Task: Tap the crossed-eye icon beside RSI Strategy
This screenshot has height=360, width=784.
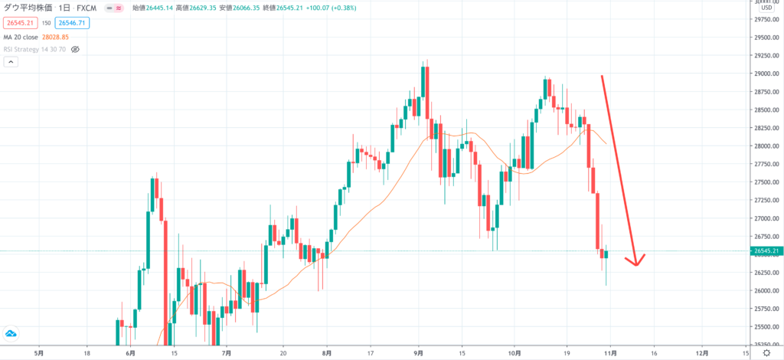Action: (x=75, y=49)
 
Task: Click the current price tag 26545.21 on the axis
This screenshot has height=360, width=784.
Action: (x=766, y=250)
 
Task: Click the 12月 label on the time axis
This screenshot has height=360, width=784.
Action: (x=702, y=353)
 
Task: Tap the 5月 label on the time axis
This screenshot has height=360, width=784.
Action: (x=40, y=353)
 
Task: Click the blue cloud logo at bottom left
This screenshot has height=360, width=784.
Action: (x=11, y=333)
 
